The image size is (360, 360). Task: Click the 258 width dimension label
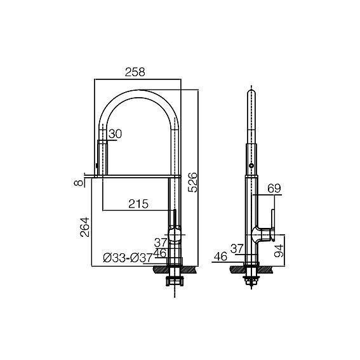tap(135, 72)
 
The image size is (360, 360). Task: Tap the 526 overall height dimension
tap(192, 182)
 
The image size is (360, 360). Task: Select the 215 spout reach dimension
tap(138, 204)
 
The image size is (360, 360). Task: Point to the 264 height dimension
tap(84, 227)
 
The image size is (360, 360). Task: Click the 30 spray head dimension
tap(116, 134)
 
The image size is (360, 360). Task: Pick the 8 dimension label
tap(78, 183)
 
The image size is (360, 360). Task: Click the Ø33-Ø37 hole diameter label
tap(128, 258)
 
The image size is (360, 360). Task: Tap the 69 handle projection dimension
tap(274, 189)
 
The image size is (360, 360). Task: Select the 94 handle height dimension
tap(279, 251)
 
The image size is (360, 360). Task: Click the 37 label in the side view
tap(237, 249)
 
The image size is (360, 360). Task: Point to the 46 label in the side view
tap(220, 257)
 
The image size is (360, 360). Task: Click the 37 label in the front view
tap(160, 243)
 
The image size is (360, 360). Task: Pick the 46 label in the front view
tap(159, 253)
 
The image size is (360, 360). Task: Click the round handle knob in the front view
tap(175, 234)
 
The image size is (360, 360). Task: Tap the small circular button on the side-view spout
tap(252, 165)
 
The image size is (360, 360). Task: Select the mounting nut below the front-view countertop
tap(175, 281)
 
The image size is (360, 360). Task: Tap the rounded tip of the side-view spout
tap(252, 91)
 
